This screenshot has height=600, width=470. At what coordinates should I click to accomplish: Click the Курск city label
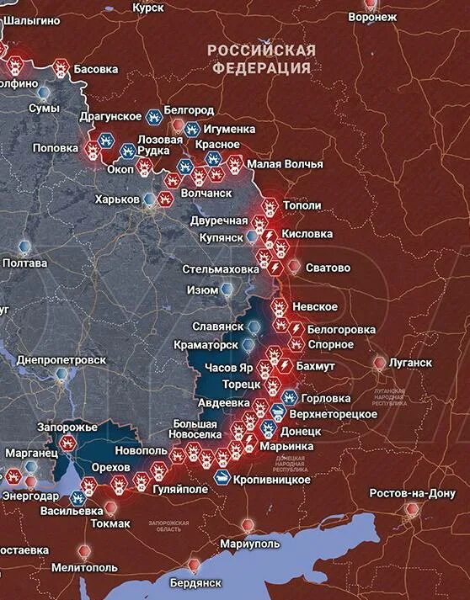[149, 8]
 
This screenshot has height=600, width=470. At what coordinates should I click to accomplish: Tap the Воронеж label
[371, 17]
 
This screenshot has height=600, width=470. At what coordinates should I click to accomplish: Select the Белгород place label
[190, 111]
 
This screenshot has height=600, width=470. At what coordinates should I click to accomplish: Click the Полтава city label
[25, 263]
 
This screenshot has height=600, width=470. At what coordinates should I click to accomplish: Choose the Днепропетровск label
[61, 359]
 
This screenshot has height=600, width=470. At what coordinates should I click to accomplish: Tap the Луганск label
[410, 363]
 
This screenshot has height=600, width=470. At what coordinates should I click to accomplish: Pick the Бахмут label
[316, 367]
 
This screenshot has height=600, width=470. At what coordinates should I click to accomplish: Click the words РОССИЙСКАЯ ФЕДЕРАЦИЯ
[262, 59]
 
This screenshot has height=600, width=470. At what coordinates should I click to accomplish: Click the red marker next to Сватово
[293, 267]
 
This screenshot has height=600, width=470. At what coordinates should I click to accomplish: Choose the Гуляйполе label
[179, 489]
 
